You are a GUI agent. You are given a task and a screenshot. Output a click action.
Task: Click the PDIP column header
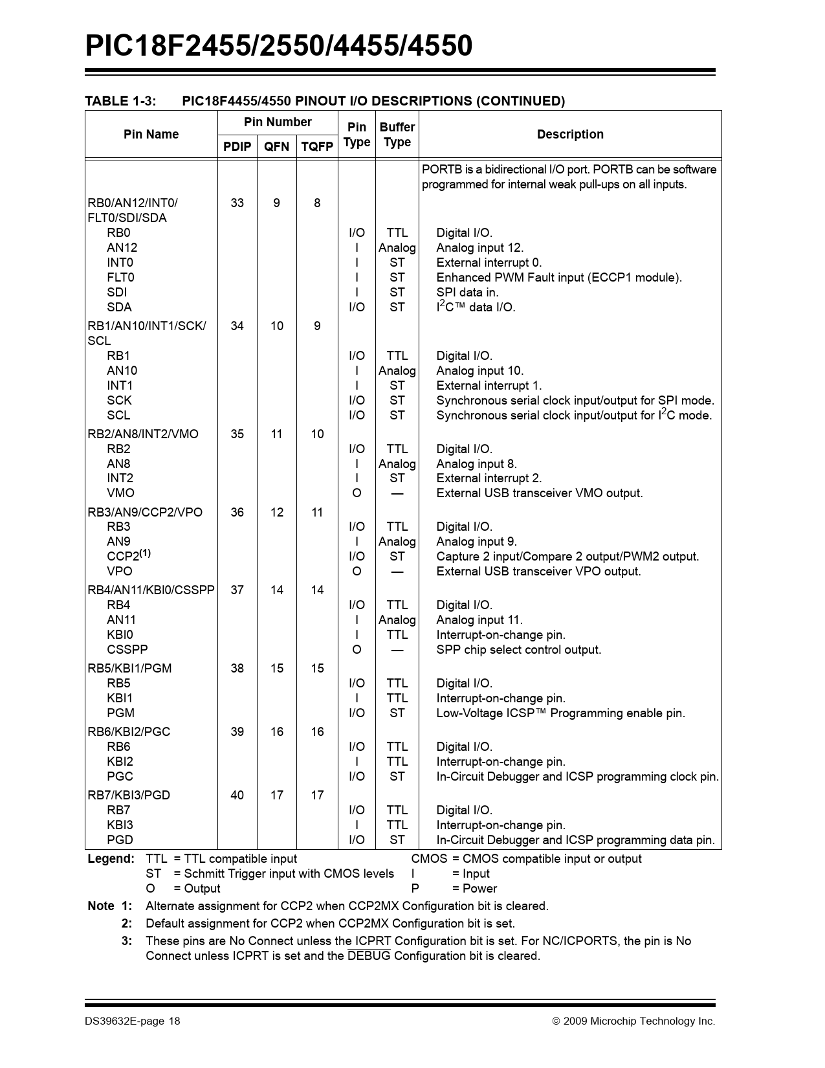[237, 147]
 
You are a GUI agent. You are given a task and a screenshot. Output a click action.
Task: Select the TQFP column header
[316, 147]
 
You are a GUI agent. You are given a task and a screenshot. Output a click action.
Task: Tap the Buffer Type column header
[397, 135]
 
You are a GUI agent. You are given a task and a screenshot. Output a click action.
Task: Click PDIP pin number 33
[237, 203]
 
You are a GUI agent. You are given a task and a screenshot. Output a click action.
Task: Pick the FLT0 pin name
[120, 277]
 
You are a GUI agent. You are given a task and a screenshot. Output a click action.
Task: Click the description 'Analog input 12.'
[479, 247]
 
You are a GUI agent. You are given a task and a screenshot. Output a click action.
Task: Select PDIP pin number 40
[237, 795]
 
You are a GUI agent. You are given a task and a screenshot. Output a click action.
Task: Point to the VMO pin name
[120, 493]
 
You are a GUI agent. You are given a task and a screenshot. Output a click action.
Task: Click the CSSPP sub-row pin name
[127, 649]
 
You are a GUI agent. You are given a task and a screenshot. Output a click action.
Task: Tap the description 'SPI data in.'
[467, 292]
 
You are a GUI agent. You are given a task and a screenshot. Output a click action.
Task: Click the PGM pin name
[120, 713]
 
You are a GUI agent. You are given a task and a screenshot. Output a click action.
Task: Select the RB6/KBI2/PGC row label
[129, 731]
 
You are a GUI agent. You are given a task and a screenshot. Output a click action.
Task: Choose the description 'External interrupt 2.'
[489, 478]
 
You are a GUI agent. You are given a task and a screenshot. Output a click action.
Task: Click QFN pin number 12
[276, 512]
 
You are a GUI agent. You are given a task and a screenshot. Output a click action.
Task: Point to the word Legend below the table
[111, 859]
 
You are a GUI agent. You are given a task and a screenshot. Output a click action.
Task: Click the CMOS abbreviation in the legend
[428, 859]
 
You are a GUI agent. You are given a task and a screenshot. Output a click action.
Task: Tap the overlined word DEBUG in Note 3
[369, 956]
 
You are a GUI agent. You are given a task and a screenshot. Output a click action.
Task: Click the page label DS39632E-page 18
[132, 1021]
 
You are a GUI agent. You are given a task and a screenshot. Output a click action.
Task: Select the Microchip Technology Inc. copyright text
[633, 1021]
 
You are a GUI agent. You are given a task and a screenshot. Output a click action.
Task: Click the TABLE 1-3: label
[121, 101]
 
